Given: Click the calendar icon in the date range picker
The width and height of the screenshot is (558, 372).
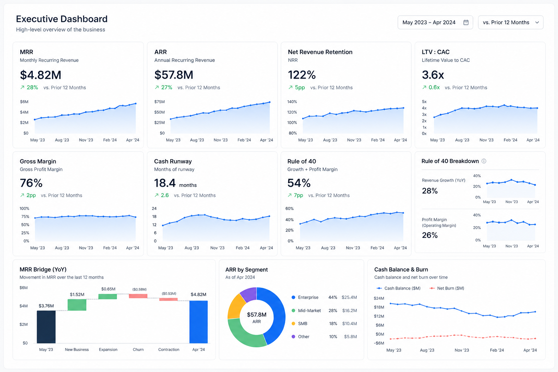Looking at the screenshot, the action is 466,23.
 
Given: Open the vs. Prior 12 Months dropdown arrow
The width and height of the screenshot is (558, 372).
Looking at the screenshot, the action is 537,23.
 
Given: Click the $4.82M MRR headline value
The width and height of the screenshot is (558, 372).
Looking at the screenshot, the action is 41,75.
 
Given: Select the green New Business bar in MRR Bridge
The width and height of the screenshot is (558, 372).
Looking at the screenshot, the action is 77,305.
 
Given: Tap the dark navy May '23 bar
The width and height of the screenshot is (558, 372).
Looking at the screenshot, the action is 46,327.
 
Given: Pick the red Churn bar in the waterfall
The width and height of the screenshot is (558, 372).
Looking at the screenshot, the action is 138,296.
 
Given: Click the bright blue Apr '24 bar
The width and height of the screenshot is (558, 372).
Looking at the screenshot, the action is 199,322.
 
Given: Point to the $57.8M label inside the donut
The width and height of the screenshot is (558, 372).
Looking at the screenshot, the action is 256,315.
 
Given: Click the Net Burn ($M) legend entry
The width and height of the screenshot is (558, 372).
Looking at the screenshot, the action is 447,288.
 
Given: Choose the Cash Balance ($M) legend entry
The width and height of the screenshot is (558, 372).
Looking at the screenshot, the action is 399,288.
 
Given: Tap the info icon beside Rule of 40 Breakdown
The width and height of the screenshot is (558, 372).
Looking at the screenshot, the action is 484,161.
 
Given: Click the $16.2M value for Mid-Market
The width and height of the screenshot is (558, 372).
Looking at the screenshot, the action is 349,311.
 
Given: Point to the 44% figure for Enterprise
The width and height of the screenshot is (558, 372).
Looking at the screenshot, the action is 333,297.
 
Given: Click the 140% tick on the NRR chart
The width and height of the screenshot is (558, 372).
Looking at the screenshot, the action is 292,102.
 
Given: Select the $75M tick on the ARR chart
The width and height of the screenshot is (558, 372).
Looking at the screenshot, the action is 159,102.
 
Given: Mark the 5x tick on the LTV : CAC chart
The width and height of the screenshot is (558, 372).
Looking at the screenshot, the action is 424,102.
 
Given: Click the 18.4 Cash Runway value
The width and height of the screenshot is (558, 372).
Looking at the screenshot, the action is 165,183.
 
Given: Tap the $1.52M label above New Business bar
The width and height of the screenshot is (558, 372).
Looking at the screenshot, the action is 77,295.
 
